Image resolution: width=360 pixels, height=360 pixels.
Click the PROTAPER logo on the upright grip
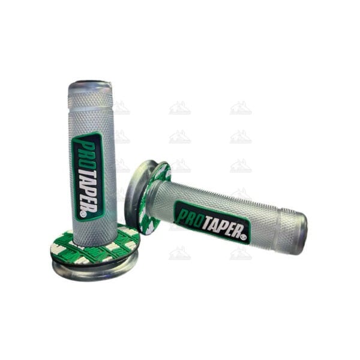87,176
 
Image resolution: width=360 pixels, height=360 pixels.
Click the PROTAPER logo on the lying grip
212,221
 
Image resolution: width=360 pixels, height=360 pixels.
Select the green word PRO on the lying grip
190,215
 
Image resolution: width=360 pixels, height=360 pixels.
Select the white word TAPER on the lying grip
220,227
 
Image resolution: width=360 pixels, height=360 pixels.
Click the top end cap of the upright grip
90,86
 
